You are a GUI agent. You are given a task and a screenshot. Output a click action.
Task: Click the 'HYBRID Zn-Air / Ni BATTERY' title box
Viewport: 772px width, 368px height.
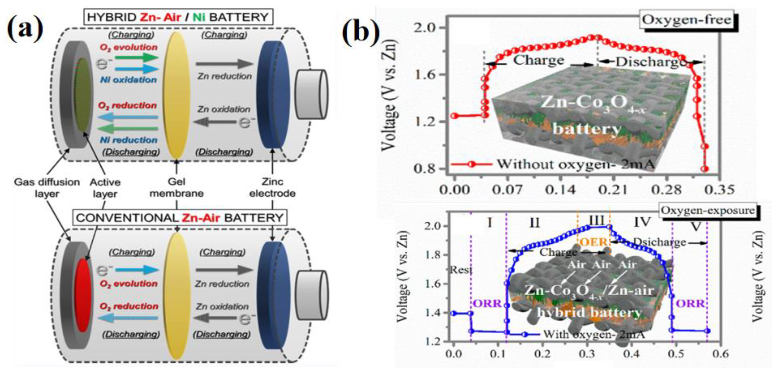pos(178,17)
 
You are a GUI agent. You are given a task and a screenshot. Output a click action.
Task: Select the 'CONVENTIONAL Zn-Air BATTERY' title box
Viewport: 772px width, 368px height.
pos(179,218)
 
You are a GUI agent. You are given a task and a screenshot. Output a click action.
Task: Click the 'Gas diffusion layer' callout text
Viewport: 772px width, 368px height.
pos(47,188)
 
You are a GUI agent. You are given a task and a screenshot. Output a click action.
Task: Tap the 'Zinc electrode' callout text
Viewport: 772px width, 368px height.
pos(272,188)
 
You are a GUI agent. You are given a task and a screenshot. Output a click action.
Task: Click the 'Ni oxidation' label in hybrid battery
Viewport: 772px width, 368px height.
pos(128,80)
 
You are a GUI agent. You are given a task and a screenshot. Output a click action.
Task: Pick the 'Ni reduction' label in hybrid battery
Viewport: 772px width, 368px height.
pos(128,140)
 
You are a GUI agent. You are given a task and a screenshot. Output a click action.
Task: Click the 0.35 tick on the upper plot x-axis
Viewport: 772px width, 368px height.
pos(721,190)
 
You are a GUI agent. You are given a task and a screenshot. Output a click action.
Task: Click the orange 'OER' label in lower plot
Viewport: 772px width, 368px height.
pos(594,242)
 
